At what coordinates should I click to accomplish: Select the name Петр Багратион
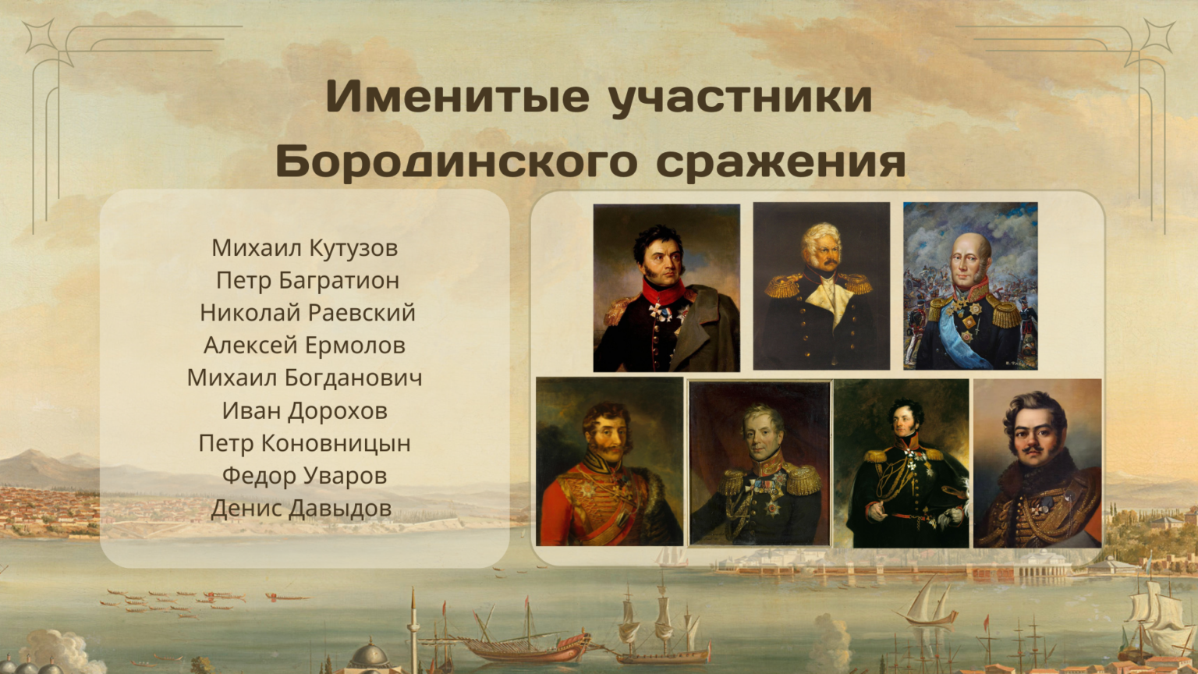pyautogui.click(x=307, y=281)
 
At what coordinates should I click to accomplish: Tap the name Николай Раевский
pyautogui.click(x=307, y=314)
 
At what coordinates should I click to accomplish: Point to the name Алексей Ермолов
pyautogui.click(x=304, y=346)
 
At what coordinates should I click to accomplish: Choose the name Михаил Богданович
pyautogui.click(x=304, y=378)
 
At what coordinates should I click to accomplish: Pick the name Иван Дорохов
pyautogui.click(x=304, y=411)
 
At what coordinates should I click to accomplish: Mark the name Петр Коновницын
pyautogui.click(x=304, y=444)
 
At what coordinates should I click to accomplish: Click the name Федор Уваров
pyautogui.click(x=304, y=476)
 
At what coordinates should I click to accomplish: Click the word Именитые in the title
pyautogui.click(x=458, y=97)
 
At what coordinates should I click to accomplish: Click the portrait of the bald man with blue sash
pyautogui.click(x=970, y=286)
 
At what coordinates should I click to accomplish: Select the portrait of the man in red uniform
pyautogui.click(x=609, y=462)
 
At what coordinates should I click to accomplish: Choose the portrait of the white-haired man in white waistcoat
pyautogui.click(x=821, y=286)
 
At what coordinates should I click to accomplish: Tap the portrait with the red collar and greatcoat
pyautogui.click(x=666, y=288)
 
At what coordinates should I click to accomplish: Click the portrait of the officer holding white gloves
pyautogui.click(x=901, y=463)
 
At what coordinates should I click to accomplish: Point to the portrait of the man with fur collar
pyautogui.click(x=1037, y=463)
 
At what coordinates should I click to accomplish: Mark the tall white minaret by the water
pyautogui.click(x=413, y=630)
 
